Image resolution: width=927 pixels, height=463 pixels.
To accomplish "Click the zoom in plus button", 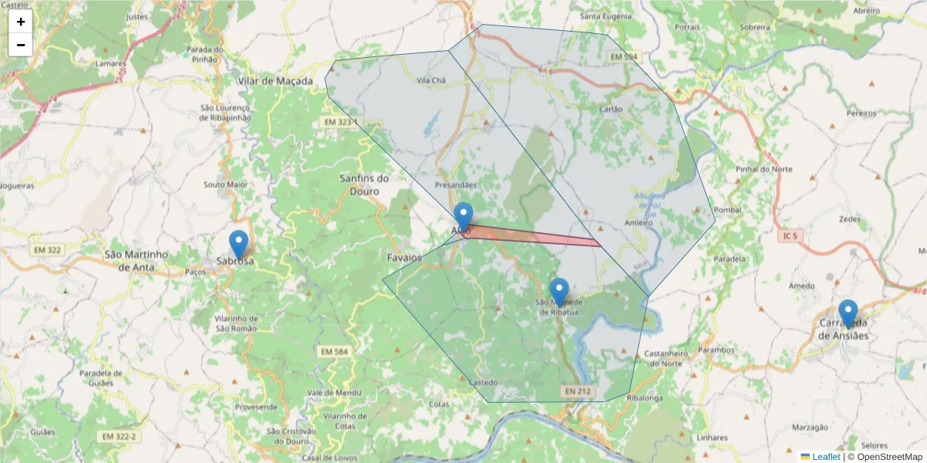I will pyautogui.click(x=21, y=22).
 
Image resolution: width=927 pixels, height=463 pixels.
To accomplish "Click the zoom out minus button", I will pyautogui.click(x=21, y=45).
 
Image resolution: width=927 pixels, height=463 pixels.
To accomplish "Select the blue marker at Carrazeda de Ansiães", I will pyautogui.click(x=847, y=313).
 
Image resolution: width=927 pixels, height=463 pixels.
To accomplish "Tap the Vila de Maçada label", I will pyautogui.click(x=275, y=81).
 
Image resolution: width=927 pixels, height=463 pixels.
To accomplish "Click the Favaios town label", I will pyautogui.click(x=404, y=256).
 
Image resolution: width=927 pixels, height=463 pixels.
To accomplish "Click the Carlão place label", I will pyautogui.click(x=610, y=109).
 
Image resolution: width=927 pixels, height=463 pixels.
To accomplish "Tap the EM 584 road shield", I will pyautogui.click(x=334, y=352).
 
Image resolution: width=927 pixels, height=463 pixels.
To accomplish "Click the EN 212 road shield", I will pyautogui.click(x=578, y=392).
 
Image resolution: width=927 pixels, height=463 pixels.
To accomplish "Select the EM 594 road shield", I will pyautogui.click(x=624, y=57).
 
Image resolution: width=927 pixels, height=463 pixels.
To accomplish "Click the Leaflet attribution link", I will pyautogui.click(x=826, y=457).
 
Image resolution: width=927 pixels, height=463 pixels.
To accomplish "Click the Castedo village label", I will pyautogui.click(x=483, y=383).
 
